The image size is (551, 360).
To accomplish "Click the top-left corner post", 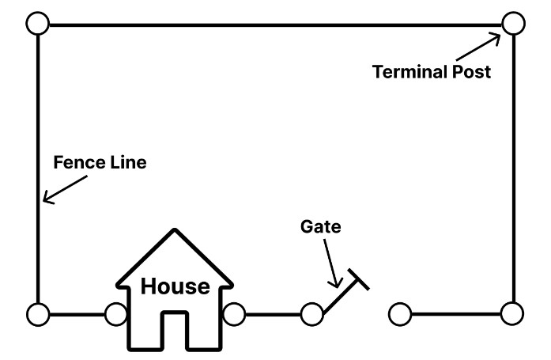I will point(37,24).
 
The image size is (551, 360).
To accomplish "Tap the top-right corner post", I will point(513,24).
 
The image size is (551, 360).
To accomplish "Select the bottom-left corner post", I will point(37,314).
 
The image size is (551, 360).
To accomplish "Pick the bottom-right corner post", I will point(513,314).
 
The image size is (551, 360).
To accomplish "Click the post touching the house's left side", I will point(115,314).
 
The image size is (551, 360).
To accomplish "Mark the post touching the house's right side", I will point(233,314).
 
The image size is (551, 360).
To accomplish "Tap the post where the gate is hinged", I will point(312,314).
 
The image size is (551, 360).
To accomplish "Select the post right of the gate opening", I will point(400,314).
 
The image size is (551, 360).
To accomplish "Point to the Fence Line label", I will point(100,163).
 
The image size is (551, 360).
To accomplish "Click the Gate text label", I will point(320,226).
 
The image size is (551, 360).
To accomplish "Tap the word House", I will point(175,286).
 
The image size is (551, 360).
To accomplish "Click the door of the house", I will point(175,331).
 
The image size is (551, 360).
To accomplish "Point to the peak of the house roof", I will point(175,231).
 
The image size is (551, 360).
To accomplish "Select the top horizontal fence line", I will point(275,25).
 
